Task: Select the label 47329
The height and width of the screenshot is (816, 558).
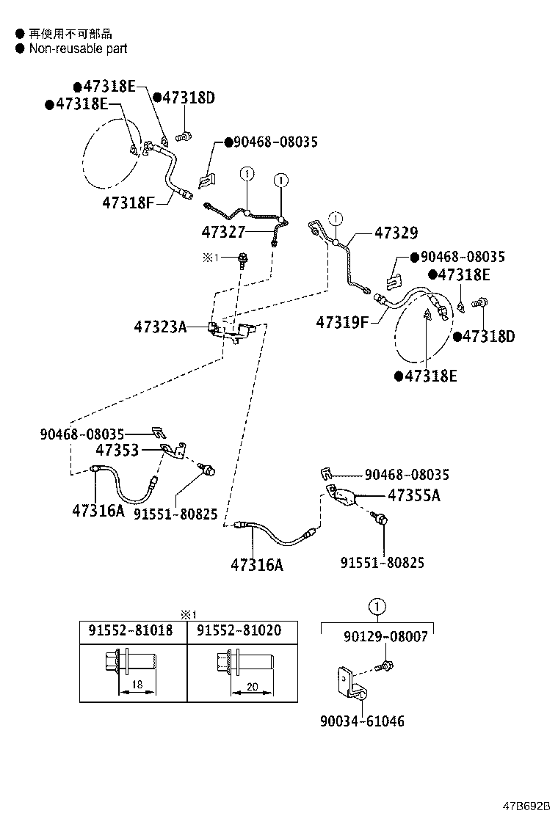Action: pos(396,233)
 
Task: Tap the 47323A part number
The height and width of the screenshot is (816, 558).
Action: pos(160,327)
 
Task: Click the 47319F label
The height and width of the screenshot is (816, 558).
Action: pos(342,321)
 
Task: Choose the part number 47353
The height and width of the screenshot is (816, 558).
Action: pos(117,450)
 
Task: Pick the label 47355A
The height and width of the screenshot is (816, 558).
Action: pos(413,495)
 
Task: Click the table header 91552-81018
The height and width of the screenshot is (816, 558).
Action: pos(131,630)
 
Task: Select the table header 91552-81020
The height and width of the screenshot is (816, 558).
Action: pos(239,630)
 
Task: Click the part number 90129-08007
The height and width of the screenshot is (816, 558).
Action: pos(385,637)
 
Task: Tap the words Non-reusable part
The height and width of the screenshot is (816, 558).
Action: pos(78,48)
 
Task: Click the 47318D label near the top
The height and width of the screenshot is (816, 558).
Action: pos(187,98)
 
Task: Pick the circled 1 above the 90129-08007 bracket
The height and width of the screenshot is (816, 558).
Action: pos(377,607)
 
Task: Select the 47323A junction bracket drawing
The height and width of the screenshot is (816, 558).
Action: pos(229,332)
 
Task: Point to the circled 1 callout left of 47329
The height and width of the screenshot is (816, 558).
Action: pos(336,218)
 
